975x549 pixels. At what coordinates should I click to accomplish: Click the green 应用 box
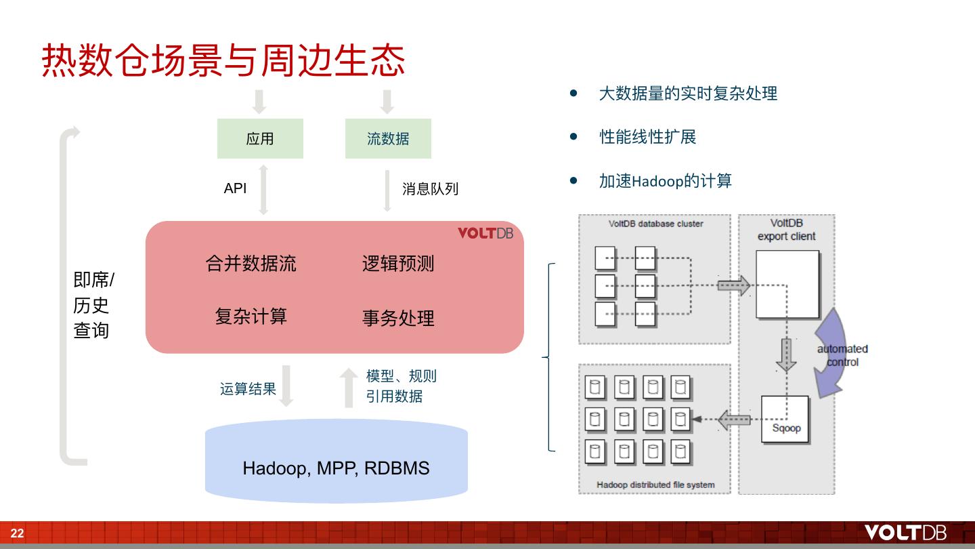[260, 138]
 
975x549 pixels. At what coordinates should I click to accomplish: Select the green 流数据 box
[388, 138]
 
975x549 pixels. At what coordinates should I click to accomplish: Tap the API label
[235, 188]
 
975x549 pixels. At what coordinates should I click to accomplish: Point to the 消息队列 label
[430, 189]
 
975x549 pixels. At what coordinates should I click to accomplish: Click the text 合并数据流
[251, 263]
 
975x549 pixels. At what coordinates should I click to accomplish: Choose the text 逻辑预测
[398, 264]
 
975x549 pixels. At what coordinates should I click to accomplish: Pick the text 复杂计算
[251, 317]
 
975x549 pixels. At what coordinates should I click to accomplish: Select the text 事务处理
[398, 318]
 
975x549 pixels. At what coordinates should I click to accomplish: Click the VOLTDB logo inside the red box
[485, 233]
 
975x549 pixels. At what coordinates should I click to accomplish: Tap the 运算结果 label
[248, 389]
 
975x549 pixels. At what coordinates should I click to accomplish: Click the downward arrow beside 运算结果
[286, 386]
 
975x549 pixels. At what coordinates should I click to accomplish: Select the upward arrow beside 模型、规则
[349, 387]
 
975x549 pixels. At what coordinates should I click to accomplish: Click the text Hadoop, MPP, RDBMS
[336, 468]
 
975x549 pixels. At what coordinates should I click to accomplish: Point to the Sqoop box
[785, 420]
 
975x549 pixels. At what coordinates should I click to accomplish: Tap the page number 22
[17, 533]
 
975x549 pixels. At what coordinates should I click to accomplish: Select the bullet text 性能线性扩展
[647, 137]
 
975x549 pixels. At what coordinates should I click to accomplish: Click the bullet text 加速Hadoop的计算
[665, 181]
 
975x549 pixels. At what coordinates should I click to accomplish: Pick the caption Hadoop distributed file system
[655, 485]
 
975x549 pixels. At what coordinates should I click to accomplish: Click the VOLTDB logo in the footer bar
[905, 533]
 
